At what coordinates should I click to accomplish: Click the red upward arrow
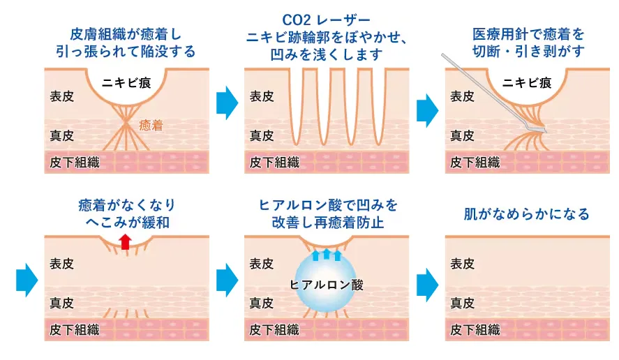pos(124,241)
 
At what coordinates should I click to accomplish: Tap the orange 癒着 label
pos(151,126)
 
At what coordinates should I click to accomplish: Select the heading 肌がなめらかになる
pos(527,213)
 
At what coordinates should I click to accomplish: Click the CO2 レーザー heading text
pos(327,21)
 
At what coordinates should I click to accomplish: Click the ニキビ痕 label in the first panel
pos(126,82)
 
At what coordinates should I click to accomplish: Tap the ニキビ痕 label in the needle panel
pos(526,82)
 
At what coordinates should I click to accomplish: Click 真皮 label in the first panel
pos(62,135)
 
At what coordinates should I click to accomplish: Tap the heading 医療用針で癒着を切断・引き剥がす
pos(528,42)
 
